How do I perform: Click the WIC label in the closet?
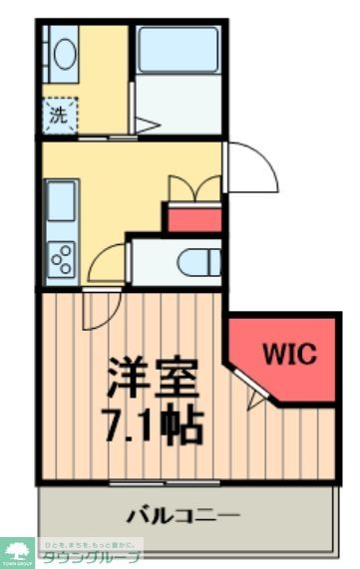289,354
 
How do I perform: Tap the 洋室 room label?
154,377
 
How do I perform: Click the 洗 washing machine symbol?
59,114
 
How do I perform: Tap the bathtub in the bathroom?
178,50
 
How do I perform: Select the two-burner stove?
61,258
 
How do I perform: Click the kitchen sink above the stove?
61,205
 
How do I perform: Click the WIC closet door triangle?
256,400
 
